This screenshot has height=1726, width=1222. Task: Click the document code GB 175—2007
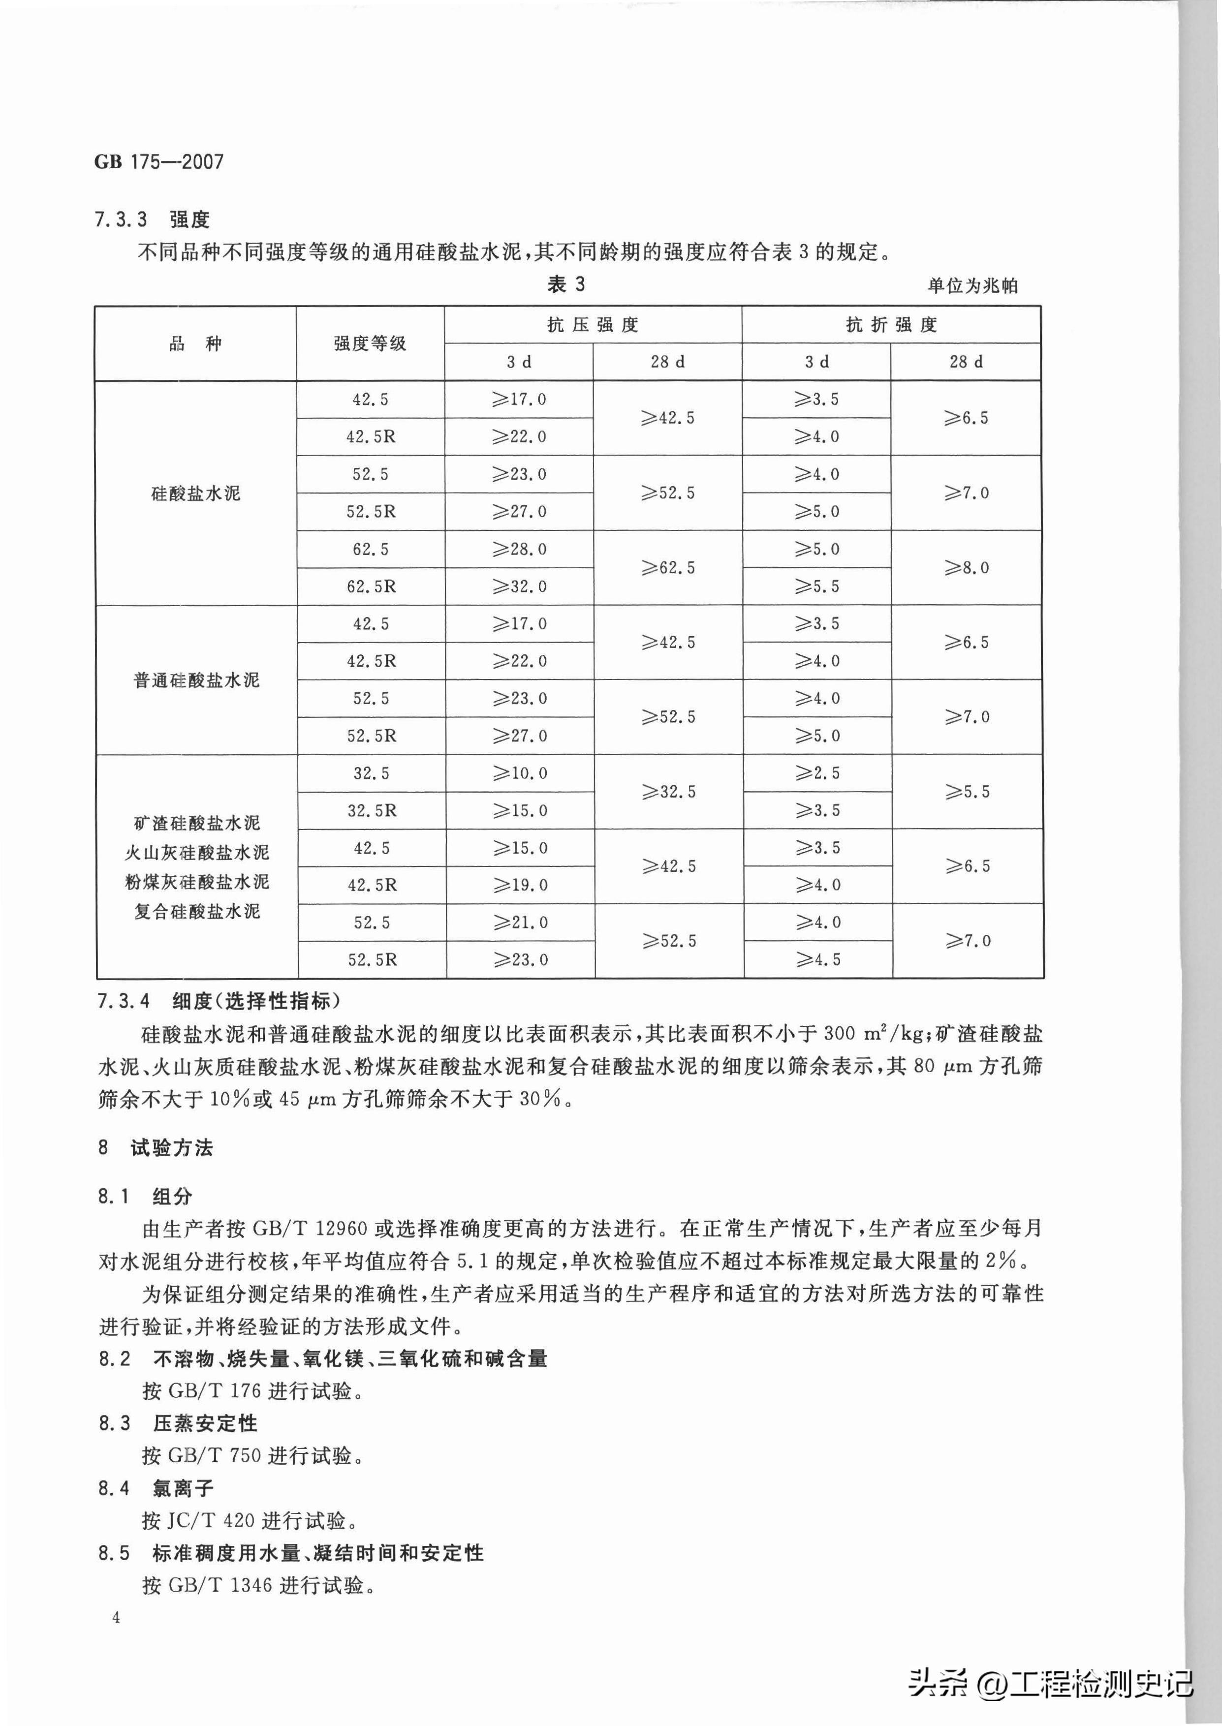tap(159, 162)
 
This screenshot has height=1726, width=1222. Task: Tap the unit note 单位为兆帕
tap(972, 286)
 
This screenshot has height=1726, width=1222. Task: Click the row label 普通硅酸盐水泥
tap(196, 680)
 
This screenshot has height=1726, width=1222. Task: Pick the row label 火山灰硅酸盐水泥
tap(196, 852)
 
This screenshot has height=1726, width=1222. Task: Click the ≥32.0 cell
tap(519, 586)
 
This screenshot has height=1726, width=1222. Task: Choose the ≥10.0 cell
tap(520, 773)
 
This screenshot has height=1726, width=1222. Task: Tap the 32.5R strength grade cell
tap(372, 811)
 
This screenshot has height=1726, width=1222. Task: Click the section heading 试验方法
tap(172, 1148)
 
